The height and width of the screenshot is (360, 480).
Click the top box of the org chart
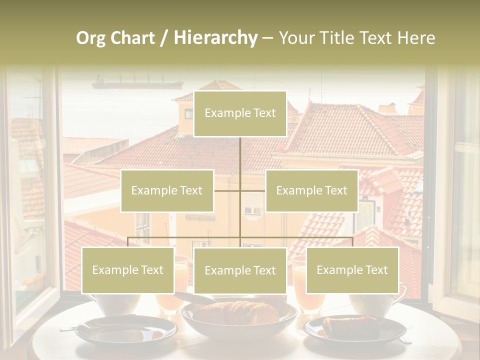point(240,113)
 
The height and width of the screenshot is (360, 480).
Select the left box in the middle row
point(167,190)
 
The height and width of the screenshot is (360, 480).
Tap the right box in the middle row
point(311,190)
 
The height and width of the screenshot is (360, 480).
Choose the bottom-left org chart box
point(127,270)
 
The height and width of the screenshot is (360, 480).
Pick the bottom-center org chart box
point(240,270)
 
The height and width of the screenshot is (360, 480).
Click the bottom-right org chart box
point(352,270)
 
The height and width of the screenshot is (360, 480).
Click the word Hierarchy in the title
point(215,38)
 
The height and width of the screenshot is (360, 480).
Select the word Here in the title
point(416,38)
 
